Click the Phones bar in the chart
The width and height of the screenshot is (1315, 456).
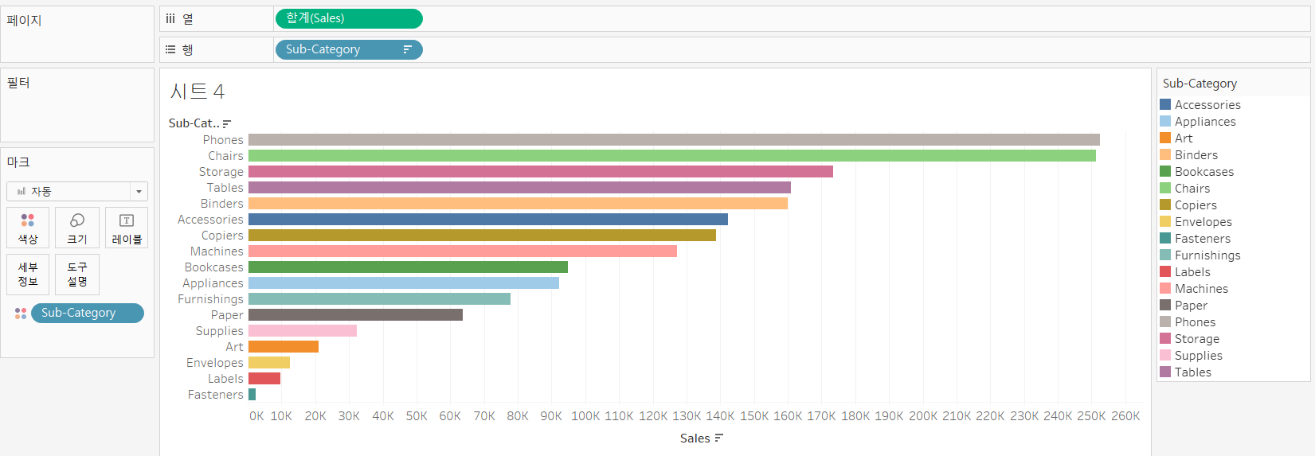673,140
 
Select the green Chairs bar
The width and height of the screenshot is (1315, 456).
671,156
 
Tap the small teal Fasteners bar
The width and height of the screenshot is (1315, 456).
252,395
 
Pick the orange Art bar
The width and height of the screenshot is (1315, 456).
283,347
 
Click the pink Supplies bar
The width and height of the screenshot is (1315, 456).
302,331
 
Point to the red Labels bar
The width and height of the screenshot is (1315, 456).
264,379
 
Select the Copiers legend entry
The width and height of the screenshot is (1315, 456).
1196,205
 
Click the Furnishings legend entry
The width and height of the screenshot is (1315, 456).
1207,255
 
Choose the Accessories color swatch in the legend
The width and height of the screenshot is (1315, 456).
1165,105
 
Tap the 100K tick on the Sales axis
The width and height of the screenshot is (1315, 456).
585,416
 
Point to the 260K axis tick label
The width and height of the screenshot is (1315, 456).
1125,416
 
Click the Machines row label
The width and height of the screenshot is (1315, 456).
217,251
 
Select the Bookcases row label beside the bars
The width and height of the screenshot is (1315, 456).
213,267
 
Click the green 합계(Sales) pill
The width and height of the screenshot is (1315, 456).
348,18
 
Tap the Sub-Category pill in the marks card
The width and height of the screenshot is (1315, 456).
87,313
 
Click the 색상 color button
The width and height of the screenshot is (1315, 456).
28,228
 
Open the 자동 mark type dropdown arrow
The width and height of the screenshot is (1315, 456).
139,192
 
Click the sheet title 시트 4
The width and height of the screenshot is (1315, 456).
197,92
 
